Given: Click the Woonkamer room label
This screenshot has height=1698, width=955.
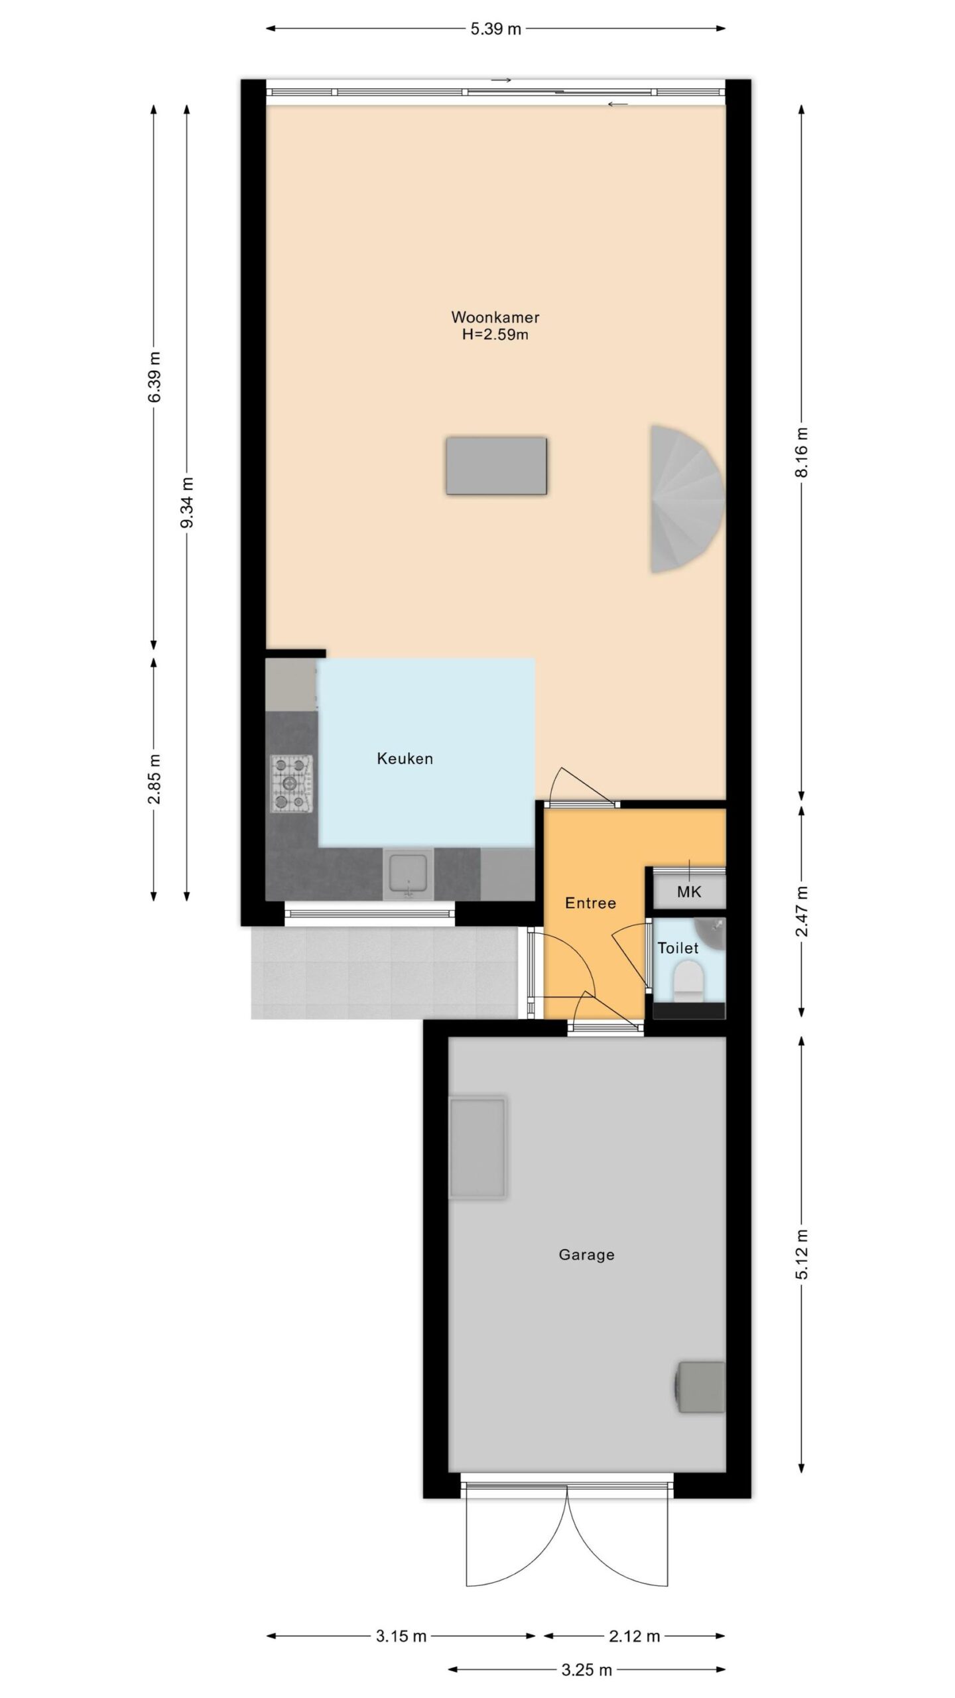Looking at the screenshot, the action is click(x=495, y=317).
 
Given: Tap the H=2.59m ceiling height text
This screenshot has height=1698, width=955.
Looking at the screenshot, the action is click(x=495, y=334).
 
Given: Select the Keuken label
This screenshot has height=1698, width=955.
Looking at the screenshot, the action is click(x=405, y=758).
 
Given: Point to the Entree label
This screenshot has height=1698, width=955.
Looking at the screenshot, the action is click(x=590, y=903).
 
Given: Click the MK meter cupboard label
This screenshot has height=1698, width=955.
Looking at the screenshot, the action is click(x=688, y=891).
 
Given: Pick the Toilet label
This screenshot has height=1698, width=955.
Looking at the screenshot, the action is click(x=678, y=948).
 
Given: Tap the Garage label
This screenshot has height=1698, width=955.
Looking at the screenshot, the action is click(x=586, y=1255).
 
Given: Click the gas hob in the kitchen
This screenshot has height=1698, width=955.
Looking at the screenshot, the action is click(x=291, y=784).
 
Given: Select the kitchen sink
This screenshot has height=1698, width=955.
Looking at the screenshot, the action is click(x=409, y=874).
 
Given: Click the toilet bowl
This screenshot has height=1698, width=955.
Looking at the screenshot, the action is click(x=688, y=982).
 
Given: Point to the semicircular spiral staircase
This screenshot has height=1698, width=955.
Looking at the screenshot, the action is click(x=686, y=499).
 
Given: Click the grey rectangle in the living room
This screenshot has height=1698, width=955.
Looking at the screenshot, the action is click(x=496, y=466).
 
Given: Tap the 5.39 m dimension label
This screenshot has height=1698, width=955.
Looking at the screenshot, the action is click(x=496, y=29).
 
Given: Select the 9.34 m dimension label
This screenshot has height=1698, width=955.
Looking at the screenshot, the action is click(x=188, y=503).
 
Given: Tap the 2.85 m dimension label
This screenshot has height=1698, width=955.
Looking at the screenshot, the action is click(x=154, y=779).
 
